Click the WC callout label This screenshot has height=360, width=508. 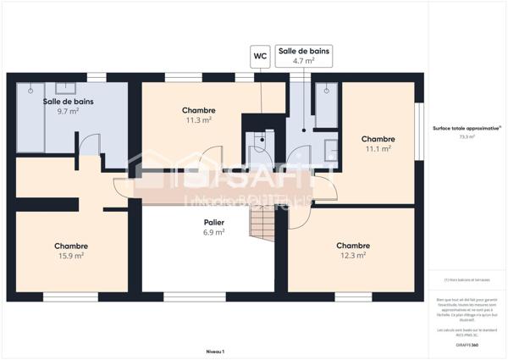260,57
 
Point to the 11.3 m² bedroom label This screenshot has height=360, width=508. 199,120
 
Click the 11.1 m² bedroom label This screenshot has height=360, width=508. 378,148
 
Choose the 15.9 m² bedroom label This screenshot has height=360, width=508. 71,256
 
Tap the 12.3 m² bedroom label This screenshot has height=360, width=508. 353,255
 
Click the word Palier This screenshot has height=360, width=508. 213,222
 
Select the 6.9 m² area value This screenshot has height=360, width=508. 213,231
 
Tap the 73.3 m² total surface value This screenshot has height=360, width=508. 467,136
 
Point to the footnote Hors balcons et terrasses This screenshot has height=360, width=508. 467,280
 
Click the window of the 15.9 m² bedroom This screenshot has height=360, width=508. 65,296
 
